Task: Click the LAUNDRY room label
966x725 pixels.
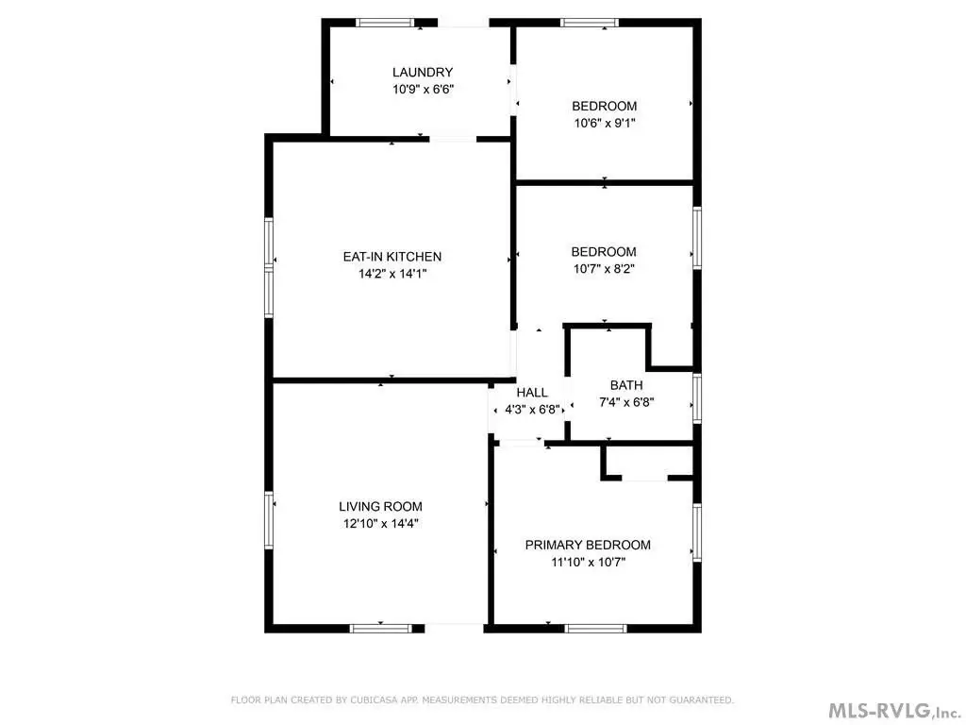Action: [423, 72]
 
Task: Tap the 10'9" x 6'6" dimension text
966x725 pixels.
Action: [424, 90]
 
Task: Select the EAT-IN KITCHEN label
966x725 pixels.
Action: [392, 257]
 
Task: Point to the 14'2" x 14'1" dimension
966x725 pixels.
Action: [392, 274]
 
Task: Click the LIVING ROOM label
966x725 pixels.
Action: [381, 506]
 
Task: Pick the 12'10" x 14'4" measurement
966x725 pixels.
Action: [381, 523]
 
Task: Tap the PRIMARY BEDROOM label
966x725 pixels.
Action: [588, 545]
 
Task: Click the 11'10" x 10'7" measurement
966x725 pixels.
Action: [589, 563]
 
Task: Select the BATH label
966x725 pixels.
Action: [626, 385]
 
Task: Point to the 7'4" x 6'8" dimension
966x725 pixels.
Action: [626, 402]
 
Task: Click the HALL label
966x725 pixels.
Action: [532, 393]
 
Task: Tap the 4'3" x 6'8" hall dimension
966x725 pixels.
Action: [532, 410]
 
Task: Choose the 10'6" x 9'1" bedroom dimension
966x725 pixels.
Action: [605, 124]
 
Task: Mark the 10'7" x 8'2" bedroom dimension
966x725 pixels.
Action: [604, 269]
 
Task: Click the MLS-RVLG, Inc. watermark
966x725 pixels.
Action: [895, 710]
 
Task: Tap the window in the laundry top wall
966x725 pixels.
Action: [385, 24]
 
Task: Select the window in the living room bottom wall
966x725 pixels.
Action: [381, 628]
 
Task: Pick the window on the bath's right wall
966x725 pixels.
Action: [697, 397]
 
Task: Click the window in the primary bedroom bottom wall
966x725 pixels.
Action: [596, 628]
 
